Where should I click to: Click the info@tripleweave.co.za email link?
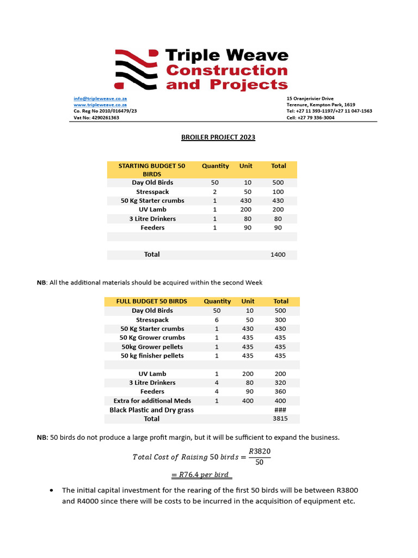pos(100,98)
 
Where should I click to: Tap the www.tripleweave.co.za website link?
pos(100,105)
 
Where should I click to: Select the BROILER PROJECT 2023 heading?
pos(218,137)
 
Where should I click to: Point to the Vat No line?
pos(96,118)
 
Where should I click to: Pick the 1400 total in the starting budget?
pos(278,254)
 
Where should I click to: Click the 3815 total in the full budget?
pos(280,419)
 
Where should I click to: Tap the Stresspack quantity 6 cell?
pos(217,320)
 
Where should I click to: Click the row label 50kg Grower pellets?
pos(152,347)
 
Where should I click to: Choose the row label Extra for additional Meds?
pos(152,401)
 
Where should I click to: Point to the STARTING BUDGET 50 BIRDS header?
pos(152,169)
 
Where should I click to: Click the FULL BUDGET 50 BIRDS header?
pos(152,301)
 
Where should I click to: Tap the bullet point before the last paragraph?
pos(51,490)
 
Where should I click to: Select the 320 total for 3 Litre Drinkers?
pos(280,383)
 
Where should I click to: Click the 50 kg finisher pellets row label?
pos(152,356)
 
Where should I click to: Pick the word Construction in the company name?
pos(226,70)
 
